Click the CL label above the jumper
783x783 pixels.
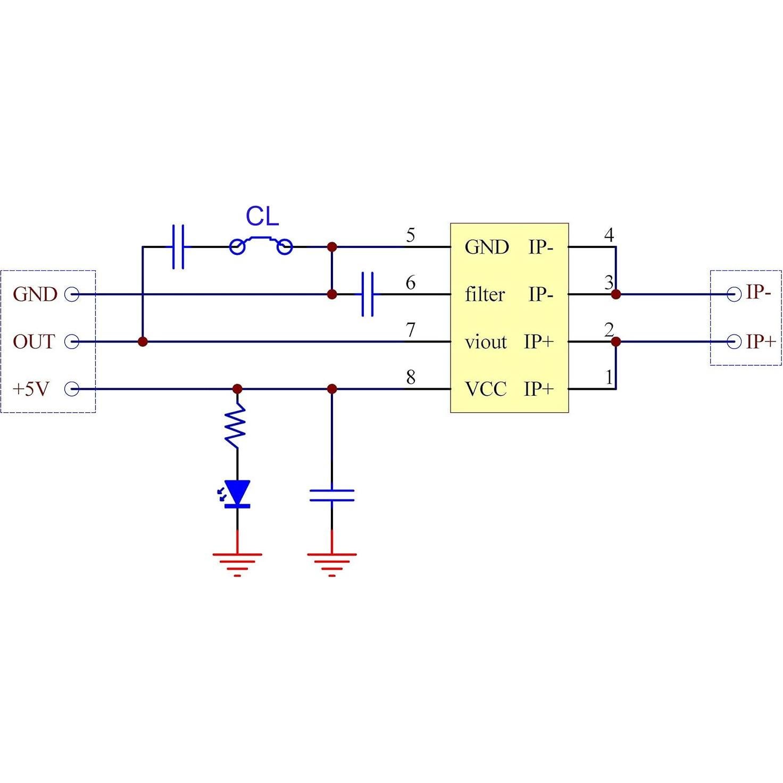point(262,216)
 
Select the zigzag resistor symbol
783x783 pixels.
point(236,426)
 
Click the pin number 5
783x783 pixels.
point(410,235)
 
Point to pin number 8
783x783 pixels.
point(410,377)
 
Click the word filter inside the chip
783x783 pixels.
point(485,294)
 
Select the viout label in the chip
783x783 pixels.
point(486,341)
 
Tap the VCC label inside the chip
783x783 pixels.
point(486,389)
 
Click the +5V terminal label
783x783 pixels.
point(31,389)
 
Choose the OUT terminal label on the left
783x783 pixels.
point(34,341)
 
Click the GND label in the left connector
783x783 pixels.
point(35,294)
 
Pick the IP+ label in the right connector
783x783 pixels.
point(761,341)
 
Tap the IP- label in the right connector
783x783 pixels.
point(759,292)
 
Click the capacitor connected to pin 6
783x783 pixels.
point(367,294)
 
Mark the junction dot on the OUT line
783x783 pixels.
point(143,341)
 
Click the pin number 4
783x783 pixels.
point(609,235)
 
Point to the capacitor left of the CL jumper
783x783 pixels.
point(178,247)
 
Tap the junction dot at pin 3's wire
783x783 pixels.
point(616,294)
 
